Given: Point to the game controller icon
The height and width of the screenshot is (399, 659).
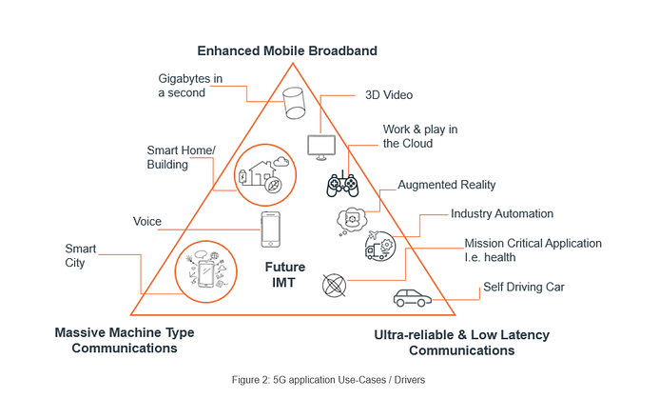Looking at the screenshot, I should click(342, 184).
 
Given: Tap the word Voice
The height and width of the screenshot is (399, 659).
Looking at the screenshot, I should click(146, 222).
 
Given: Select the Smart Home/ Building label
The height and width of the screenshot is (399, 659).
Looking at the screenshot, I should click(182, 157).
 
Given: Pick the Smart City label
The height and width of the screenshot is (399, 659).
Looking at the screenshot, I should click(81, 255).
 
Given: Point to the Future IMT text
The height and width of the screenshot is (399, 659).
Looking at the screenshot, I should click(284, 275).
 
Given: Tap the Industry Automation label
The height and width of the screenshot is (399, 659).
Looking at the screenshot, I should click(502, 214).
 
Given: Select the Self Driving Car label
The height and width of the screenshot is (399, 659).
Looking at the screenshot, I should click(522, 287).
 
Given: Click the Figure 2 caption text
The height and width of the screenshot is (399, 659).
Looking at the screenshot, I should click(329, 379).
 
